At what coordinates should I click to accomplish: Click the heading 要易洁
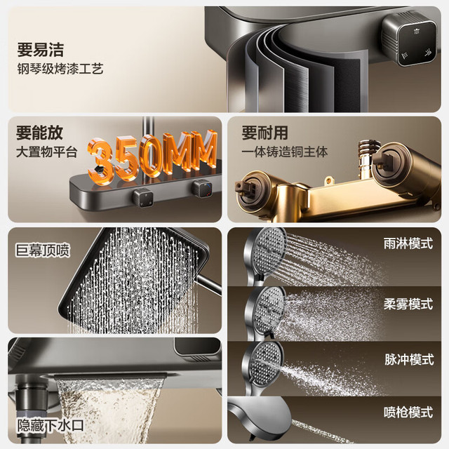click(x=41, y=50)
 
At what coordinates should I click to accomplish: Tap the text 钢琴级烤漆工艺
click(x=60, y=69)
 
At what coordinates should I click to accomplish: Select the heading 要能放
click(x=39, y=133)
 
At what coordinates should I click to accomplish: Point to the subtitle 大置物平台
click(x=47, y=152)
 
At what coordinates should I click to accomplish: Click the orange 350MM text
click(x=152, y=156)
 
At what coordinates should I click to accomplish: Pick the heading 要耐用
click(x=265, y=133)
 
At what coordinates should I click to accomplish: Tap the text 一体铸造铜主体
click(x=284, y=152)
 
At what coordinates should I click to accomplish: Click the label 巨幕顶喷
click(x=43, y=250)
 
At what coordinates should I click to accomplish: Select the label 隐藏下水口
click(x=51, y=426)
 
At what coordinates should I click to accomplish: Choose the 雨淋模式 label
click(x=408, y=243)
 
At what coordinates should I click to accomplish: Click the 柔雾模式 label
click(x=408, y=304)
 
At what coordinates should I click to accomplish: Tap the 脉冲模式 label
click(x=409, y=359)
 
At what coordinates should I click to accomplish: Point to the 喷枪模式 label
click(x=408, y=413)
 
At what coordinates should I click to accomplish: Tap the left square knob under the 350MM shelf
click(x=143, y=197)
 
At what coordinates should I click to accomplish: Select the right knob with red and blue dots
click(x=202, y=189)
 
